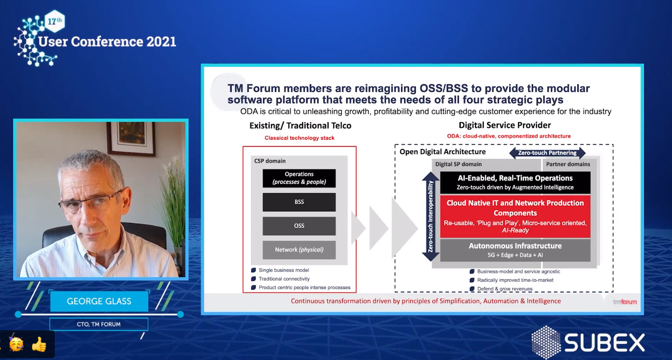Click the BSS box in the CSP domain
[x=299, y=202]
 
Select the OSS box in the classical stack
[x=299, y=226]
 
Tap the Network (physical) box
[x=299, y=250]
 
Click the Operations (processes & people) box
[x=299, y=178]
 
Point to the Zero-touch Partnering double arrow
[x=547, y=153]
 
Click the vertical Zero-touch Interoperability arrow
[x=431, y=217]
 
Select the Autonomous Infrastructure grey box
[x=515, y=250]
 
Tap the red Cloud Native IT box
[x=515, y=217]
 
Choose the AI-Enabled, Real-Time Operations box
[x=515, y=183]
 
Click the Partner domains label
[x=568, y=164]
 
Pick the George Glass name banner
[x=99, y=301]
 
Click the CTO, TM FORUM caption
[x=99, y=324]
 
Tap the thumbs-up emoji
[x=39, y=344]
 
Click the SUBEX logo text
[x=605, y=343]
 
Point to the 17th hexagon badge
[x=55, y=21]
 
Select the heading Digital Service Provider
[x=504, y=125]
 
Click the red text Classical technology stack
[x=300, y=138]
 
